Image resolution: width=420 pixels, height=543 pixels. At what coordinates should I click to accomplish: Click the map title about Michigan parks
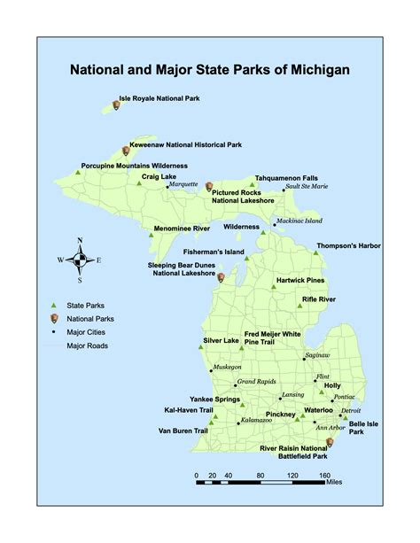tap(210, 69)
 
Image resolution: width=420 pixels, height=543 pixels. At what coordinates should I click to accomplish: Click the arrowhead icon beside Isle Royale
tap(118, 106)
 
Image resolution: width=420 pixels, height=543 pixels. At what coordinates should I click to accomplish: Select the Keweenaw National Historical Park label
tap(187, 144)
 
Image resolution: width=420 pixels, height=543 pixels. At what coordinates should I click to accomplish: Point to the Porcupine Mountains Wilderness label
tap(134, 166)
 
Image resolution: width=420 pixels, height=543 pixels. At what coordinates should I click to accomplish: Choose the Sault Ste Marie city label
tap(307, 187)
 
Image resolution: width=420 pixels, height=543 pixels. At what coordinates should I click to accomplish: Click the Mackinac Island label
tap(299, 221)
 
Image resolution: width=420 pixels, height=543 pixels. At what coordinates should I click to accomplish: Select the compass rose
tap(80, 260)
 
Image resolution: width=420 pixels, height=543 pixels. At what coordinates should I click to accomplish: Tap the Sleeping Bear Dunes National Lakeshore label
tap(187, 270)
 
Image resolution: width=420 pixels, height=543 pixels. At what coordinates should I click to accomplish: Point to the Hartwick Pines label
tap(300, 281)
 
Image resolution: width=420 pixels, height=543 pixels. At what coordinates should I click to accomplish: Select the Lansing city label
tap(293, 395)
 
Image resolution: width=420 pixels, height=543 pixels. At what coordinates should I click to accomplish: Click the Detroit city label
tap(351, 410)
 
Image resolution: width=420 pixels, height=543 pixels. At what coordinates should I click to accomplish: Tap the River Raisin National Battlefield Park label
tap(294, 453)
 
